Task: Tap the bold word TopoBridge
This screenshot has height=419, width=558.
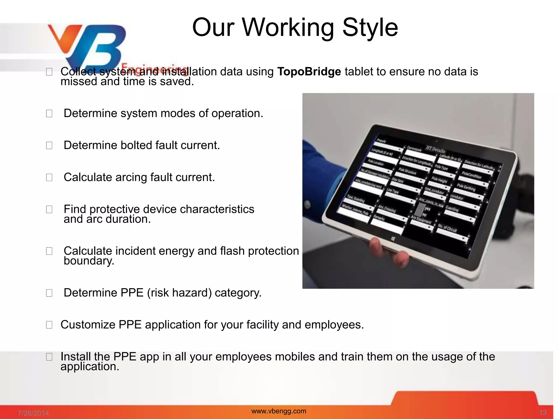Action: pos(309,72)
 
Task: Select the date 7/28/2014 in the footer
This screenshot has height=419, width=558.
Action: pos(33,413)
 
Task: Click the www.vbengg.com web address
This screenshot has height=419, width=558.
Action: pos(279,411)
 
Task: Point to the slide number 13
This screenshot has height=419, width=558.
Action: pos(543,413)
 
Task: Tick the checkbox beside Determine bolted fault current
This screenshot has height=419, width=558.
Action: pos(49,145)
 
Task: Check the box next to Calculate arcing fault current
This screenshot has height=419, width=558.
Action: pos(49,178)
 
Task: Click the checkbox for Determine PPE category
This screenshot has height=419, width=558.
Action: pos(49,293)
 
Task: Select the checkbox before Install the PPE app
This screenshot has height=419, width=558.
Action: pos(49,357)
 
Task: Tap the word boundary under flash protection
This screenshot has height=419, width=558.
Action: pos(89,261)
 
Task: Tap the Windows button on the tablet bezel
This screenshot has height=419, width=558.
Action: pos(393,239)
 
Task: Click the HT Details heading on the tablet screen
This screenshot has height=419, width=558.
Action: pos(435,149)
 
